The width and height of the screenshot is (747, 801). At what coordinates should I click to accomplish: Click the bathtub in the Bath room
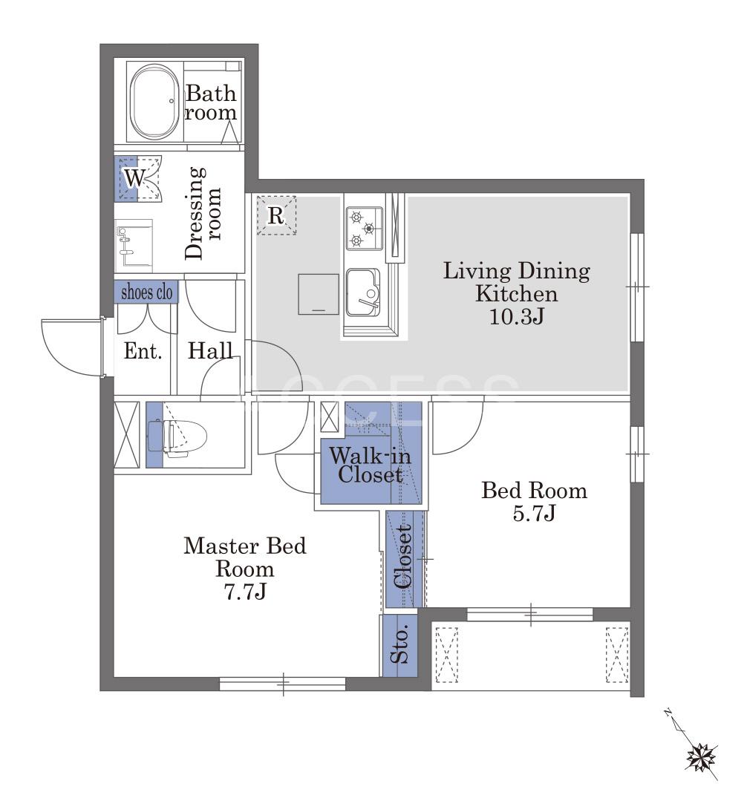[x=154, y=102]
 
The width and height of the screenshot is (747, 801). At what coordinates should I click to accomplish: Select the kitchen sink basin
[x=363, y=292]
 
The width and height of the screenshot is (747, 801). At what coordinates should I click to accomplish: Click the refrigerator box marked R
[x=276, y=215]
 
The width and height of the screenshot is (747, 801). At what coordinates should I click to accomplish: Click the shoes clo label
[x=146, y=292]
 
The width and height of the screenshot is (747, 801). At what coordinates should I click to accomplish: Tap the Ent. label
[x=143, y=351]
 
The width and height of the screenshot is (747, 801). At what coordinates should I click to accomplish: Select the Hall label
[x=210, y=350]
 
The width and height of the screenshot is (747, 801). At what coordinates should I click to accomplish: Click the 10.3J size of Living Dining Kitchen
[x=517, y=317]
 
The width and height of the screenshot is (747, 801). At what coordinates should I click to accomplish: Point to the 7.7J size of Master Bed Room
[x=245, y=592]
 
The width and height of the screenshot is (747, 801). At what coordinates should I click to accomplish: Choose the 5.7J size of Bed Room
[x=534, y=513]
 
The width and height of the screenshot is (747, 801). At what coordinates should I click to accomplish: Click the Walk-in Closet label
[x=370, y=465]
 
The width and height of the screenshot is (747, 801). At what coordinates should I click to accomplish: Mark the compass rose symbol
[x=702, y=759]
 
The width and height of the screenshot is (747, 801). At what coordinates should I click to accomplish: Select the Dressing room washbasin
[x=134, y=246]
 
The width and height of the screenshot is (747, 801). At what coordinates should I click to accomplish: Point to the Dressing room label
[x=203, y=213]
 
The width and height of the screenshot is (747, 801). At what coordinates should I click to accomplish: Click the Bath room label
[x=211, y=102]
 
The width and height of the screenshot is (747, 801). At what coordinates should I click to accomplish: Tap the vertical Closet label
[x=402, y=557]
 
